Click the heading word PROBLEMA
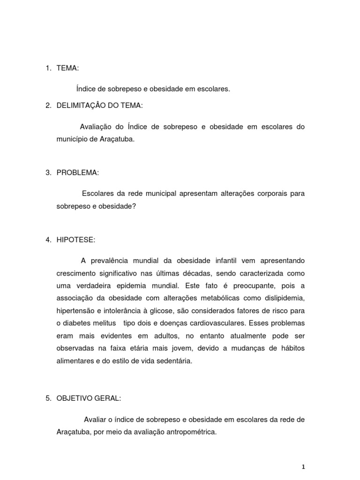click(x=77, y=173)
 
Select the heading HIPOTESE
click(x=75, y=240)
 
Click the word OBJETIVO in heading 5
click(x=75, y=398)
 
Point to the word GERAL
click(x=108, y=398)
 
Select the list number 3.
click(x=48, y=173)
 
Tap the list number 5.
click(x=48, y=398)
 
